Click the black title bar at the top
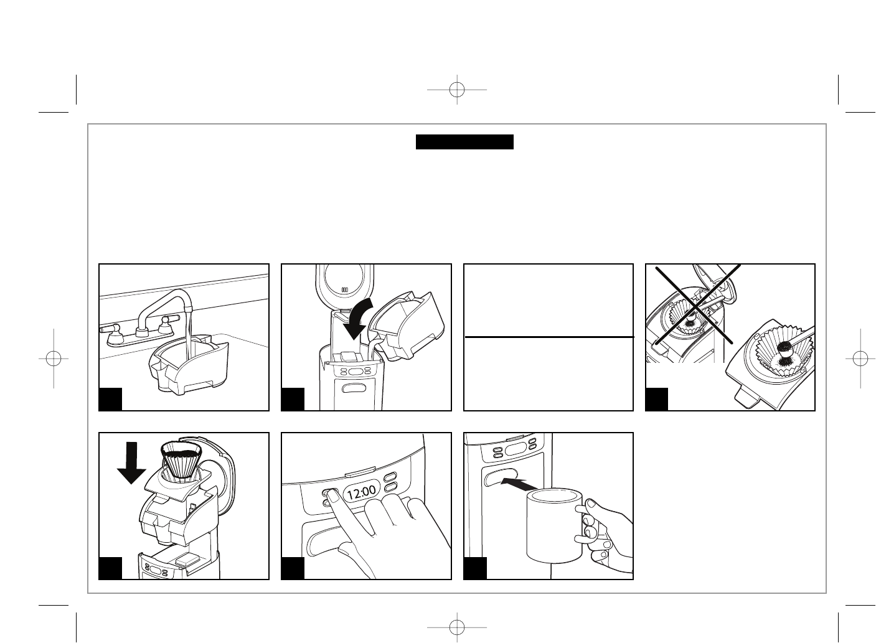click(x=464, y=142)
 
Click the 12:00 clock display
click(x=361, y=493)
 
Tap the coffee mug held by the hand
click(x=553, y=524)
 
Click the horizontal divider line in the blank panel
click(x=549, y=337)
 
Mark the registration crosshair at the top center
click(x=456, y=90)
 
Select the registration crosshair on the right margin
click(x=860, y=359)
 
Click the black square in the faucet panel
click(x=111, y=399)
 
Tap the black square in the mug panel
click(x=476, y=568)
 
